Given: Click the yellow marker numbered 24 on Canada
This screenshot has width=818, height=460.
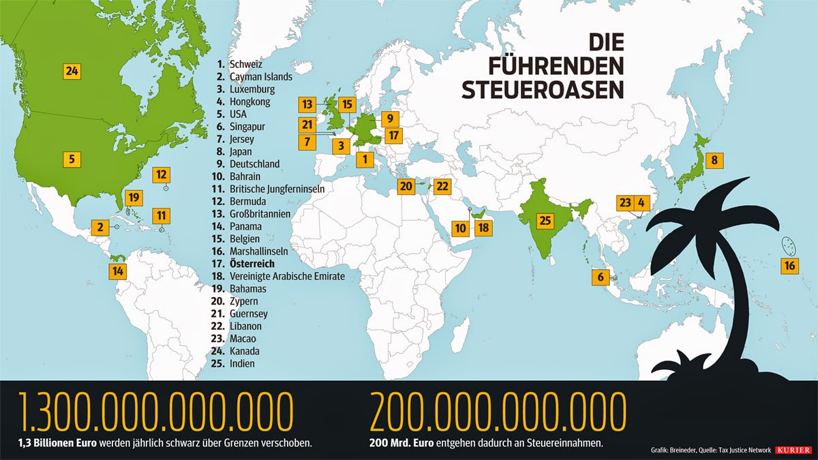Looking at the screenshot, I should [72, 70].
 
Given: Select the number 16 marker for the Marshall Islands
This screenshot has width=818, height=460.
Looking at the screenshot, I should [789, 266].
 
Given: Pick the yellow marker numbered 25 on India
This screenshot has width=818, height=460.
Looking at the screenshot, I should [544, 220].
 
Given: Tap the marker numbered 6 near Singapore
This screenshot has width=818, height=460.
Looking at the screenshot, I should [601, 277].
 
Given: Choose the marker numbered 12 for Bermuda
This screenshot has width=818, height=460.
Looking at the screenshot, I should [161, 174].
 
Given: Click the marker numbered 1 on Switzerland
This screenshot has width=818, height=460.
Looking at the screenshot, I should [365, 160].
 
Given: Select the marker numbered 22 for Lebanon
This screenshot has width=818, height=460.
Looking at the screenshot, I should [442, 185].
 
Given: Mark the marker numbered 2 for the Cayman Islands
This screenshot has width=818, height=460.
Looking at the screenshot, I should [100, 227].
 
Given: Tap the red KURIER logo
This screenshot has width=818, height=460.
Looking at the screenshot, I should [792, 450].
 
